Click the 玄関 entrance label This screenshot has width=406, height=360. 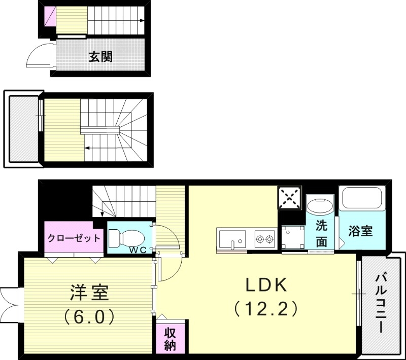coord(100,57)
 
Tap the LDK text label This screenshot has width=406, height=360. coord(266,285)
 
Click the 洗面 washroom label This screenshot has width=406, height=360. coord(322,233)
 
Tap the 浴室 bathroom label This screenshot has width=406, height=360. coord(361,231)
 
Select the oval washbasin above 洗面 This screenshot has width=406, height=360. coord(320,205)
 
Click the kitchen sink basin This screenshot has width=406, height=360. coord(232,238)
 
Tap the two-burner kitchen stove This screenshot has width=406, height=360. coord(264,238)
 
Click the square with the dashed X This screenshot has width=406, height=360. coord(290,198)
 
